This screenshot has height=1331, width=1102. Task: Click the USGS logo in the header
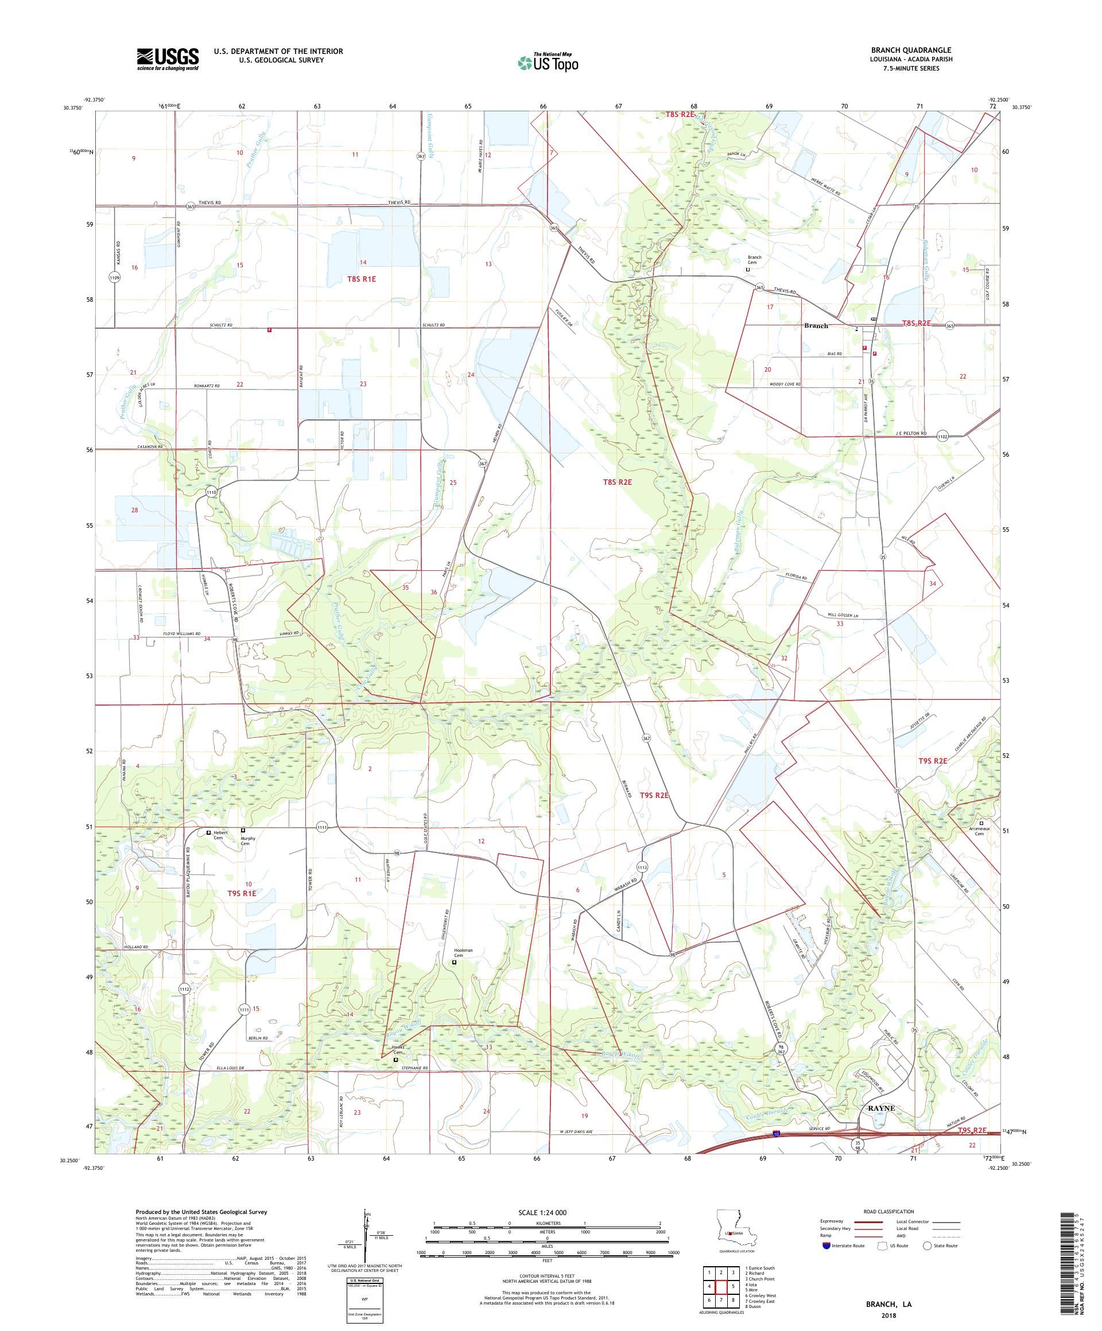pos(168,59)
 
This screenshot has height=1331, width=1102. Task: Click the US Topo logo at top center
pos(549,62)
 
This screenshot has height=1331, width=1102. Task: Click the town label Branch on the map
pos(816,326)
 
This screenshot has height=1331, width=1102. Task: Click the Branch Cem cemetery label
pos(754,260)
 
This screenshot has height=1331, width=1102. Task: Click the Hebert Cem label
pos(219,835)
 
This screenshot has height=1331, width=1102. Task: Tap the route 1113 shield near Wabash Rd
pos(642,866)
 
